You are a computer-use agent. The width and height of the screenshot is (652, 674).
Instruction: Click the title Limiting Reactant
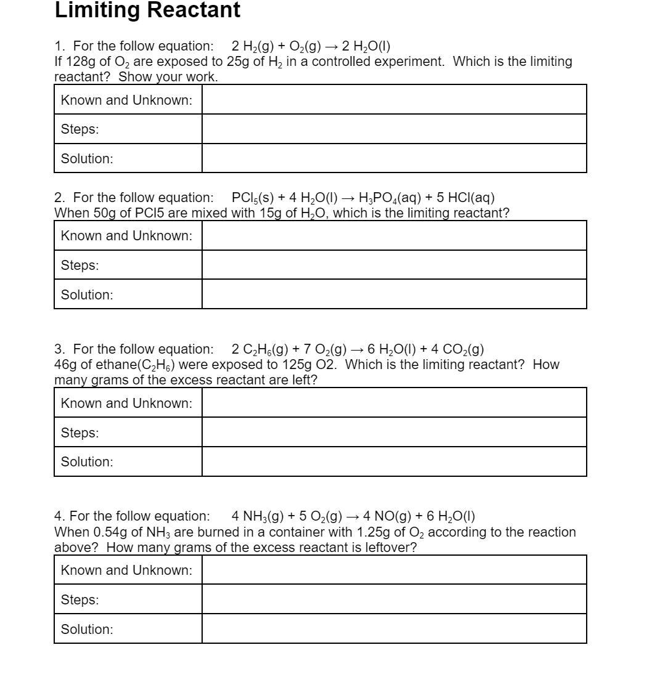[x=147, y=10]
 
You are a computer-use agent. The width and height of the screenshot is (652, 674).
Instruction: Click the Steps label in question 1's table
[x=79, y=129]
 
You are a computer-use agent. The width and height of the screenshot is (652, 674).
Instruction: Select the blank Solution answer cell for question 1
[x=394, y=158]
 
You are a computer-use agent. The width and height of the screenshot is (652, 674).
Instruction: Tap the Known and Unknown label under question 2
[x=126, y=236]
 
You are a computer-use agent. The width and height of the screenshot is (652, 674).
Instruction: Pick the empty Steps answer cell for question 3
[x=394, y=432]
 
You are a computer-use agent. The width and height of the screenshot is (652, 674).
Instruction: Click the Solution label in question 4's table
[x=87, y=629]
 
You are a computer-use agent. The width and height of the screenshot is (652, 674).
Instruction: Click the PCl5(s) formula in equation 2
[x=252, y=198]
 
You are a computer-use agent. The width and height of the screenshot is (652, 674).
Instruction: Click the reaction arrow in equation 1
[x=331, y=46]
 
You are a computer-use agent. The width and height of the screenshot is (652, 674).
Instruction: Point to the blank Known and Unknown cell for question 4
[x=394, y=570]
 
